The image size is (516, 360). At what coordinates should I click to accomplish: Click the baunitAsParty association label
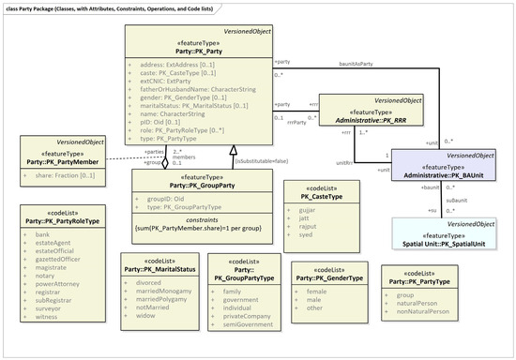tap(357, 64)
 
